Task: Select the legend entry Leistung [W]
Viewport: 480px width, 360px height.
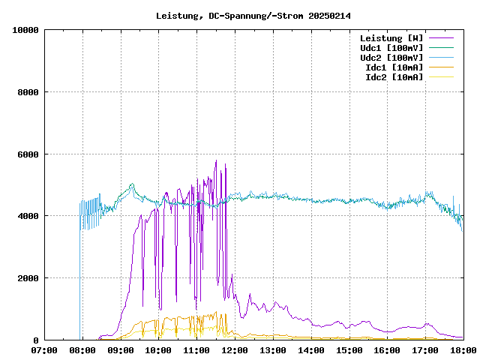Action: pos(391,38)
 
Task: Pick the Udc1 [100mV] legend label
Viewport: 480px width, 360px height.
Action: pos(391,48)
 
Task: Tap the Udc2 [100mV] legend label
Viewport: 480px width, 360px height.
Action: pos(391,58)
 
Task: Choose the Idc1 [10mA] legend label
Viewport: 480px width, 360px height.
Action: pos(394,67)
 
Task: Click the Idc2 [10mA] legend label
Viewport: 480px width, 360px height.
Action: pos(394,77)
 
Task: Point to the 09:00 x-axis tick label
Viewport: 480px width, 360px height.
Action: pos(121,350)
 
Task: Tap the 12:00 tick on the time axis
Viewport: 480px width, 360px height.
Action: pos(235,350)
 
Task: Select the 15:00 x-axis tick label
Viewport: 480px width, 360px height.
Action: pos(349,350)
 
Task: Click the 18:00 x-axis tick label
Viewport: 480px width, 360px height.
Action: pos(463,350)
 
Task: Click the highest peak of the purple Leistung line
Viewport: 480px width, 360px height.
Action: pos(216,160)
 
